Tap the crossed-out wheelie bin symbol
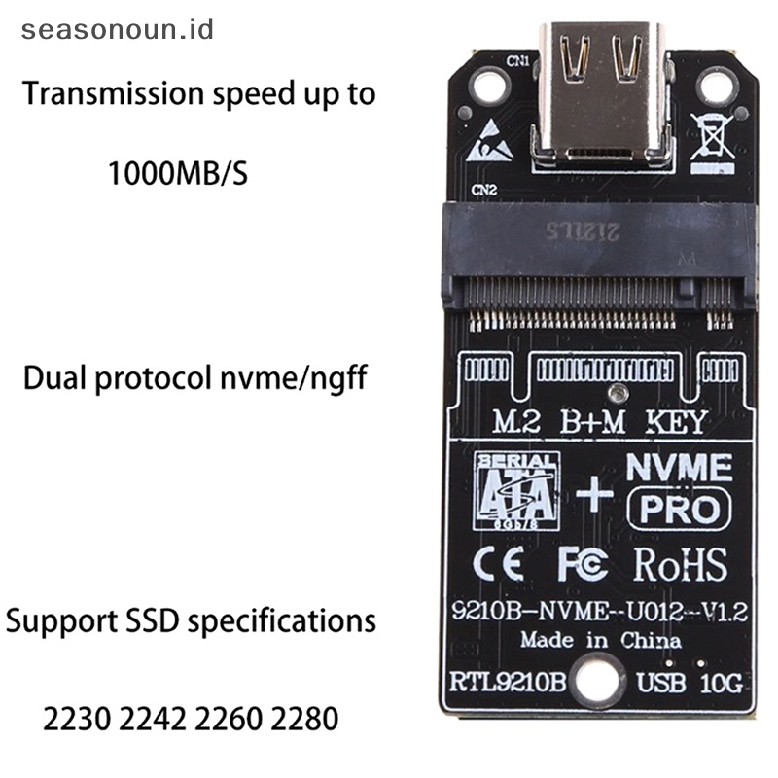point(713,137)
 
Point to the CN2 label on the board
point(483,189)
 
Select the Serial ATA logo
point(516,492)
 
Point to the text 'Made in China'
point(600,641)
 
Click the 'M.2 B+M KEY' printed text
point(599,423)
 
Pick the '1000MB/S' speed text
point(177,175)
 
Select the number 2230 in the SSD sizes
point(82,720)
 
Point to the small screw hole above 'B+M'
point(615,394)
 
